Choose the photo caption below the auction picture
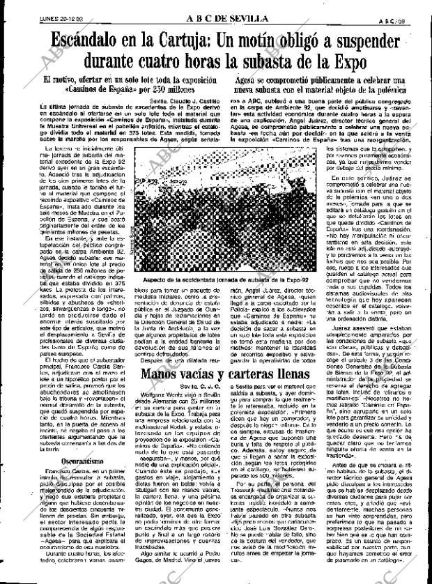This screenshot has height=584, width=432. coord(215,279)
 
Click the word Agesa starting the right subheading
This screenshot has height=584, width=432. coord(238,82)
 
